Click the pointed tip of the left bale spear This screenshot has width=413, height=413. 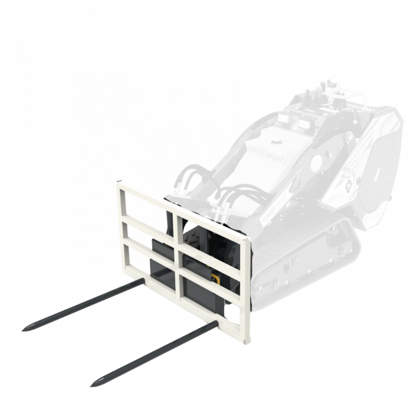coord(24,328)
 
